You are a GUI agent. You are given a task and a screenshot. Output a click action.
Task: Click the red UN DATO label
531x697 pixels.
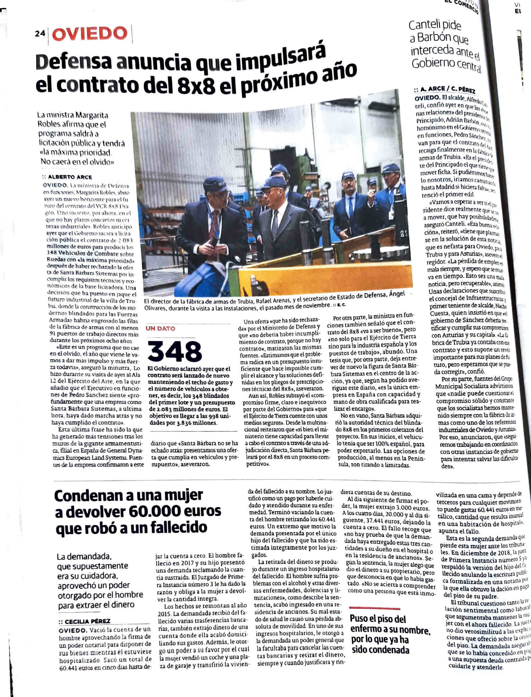(161, 328)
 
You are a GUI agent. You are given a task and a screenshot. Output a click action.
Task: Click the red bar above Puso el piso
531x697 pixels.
(375, 609)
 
